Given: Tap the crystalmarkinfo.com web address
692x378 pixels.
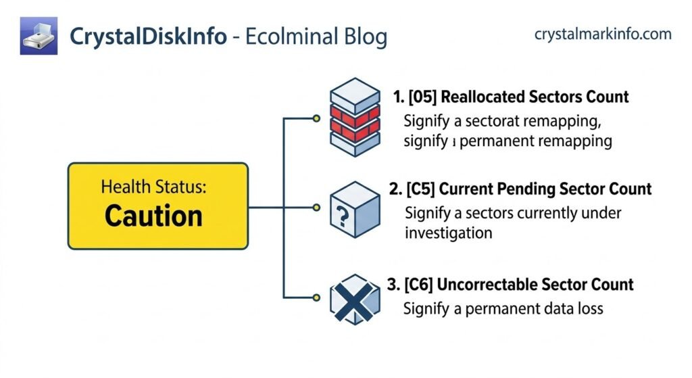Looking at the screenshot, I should click(x=603, y=34).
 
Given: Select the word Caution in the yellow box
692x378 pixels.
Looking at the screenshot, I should click(x=153, y=216).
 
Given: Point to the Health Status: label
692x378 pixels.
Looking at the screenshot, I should click(x=154, y=187).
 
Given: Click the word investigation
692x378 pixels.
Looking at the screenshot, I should click(x=449, y=233).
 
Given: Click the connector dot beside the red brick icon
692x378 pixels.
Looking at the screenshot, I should click(x=316, y=119).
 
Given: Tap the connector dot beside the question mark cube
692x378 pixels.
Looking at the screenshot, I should click(x=316, y=208).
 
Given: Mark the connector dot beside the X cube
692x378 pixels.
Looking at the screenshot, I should click(x=316, y=297).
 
